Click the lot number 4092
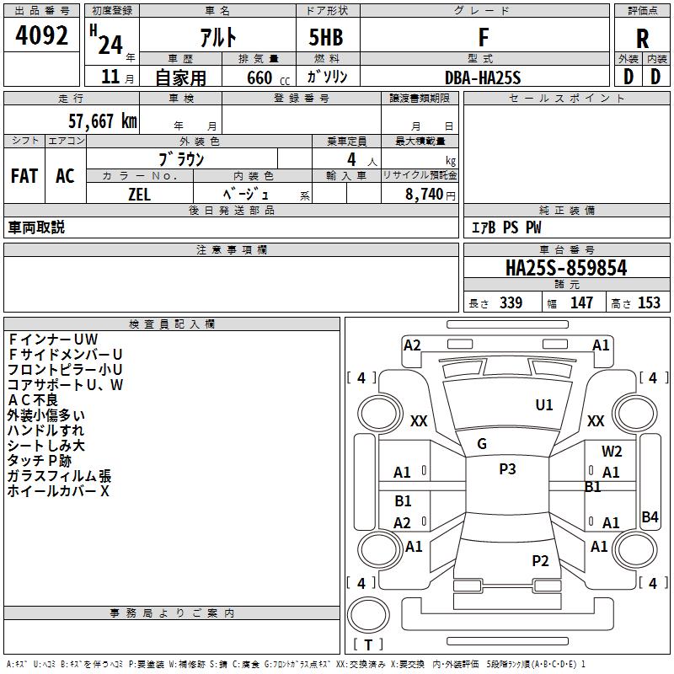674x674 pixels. [x=42, y=36]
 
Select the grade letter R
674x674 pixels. [x=642, y=38]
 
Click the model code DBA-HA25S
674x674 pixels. [x=483, y=78]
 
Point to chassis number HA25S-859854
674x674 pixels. [x=566, y=269]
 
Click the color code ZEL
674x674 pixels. [x=140, y=195]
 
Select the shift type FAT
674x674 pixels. [x=24, y=176]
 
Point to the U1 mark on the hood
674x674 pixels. [x=544, y=405]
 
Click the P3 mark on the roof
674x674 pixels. [x=506, y=469]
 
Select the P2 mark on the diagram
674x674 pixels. [x=540, y=561]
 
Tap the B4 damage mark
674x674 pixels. [x=650, y=517]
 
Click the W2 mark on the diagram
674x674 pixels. [x=612, y=452]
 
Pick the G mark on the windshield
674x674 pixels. [x=482, y=444]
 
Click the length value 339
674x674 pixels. [x=511, y=303]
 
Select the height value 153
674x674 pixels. [x=648, y=303]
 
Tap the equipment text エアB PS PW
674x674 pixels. [x=505, y=228]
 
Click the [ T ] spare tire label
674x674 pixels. [x=368, y=645]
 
